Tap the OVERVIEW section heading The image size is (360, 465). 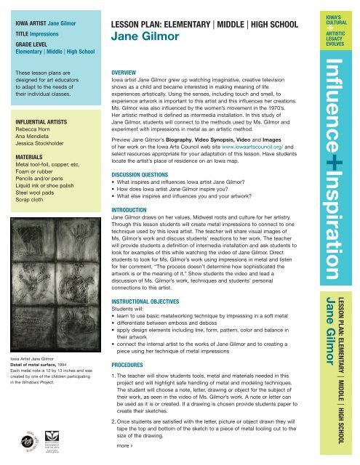119,73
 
